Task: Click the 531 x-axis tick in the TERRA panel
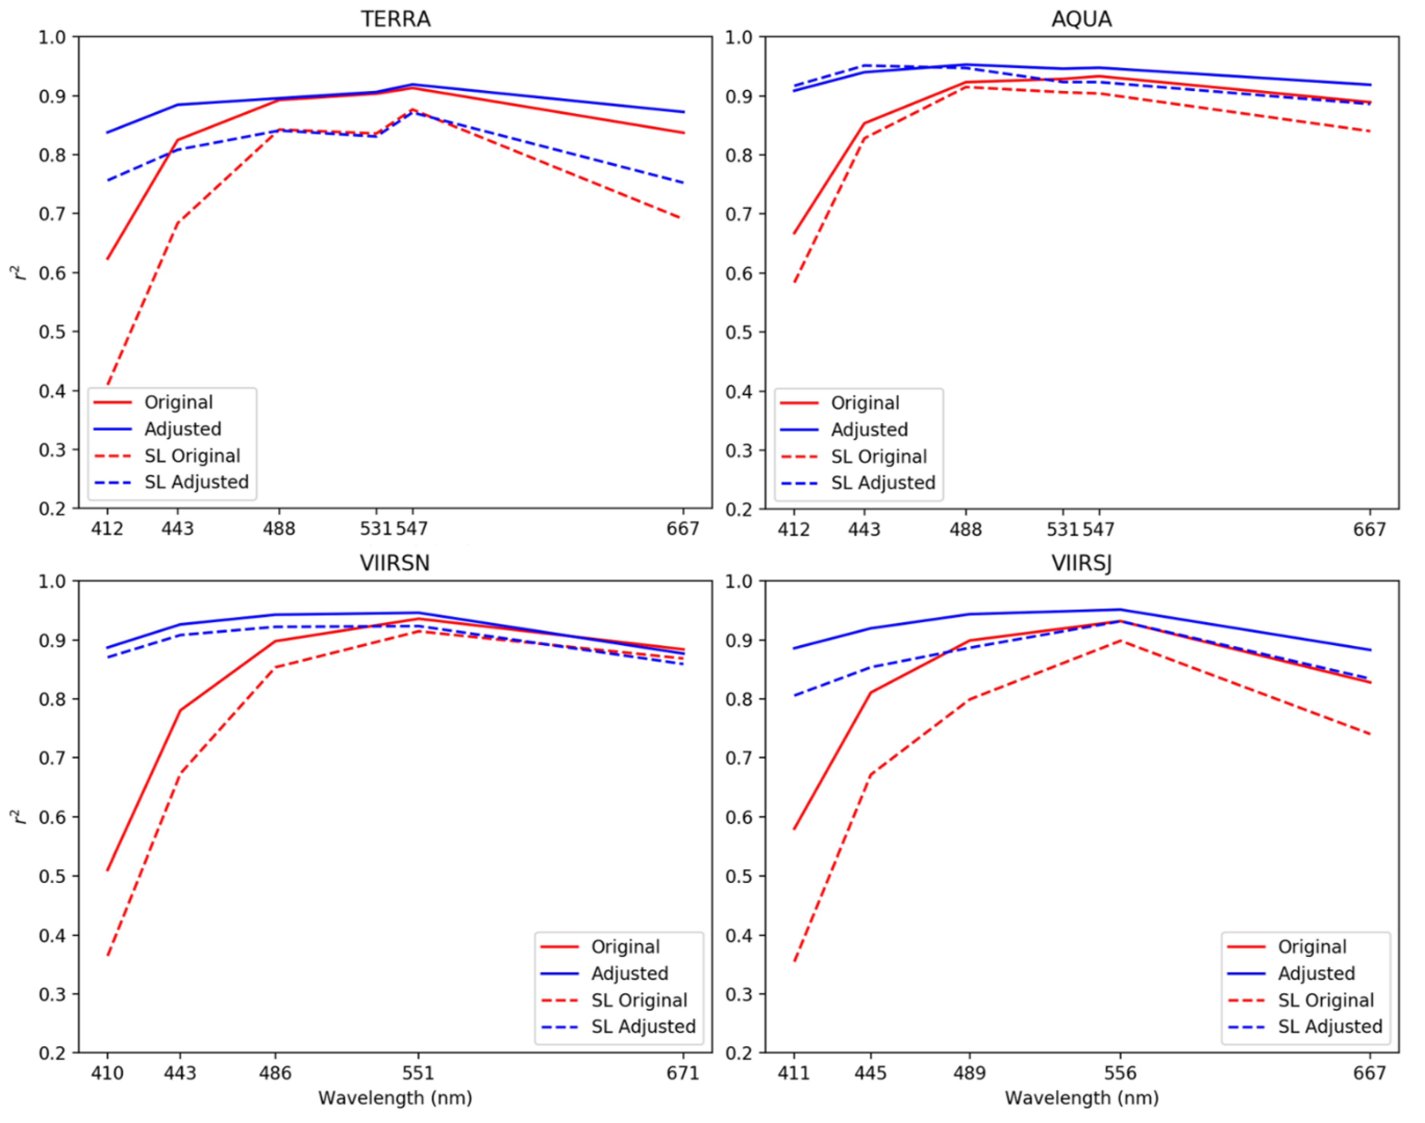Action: (x=376, y=529)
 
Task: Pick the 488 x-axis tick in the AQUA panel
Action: (x=966, y=529)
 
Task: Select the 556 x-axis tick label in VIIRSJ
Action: (x=1120, y=1073)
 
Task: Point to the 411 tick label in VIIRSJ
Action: (x=794, y=1073)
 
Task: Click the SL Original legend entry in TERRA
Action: (x=192, y=456)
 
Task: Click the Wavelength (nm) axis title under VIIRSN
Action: (x=395, y=1097)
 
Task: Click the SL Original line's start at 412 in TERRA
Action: (x=108, y=383)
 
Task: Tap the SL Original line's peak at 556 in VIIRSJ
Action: (x=1121, y=640)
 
